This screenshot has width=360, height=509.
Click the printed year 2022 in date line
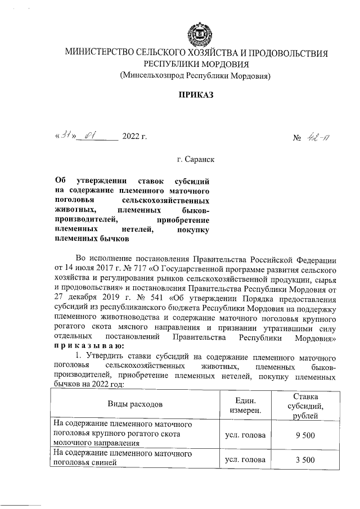133,137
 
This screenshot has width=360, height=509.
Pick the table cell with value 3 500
304,460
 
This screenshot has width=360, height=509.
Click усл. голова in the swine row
245,460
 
